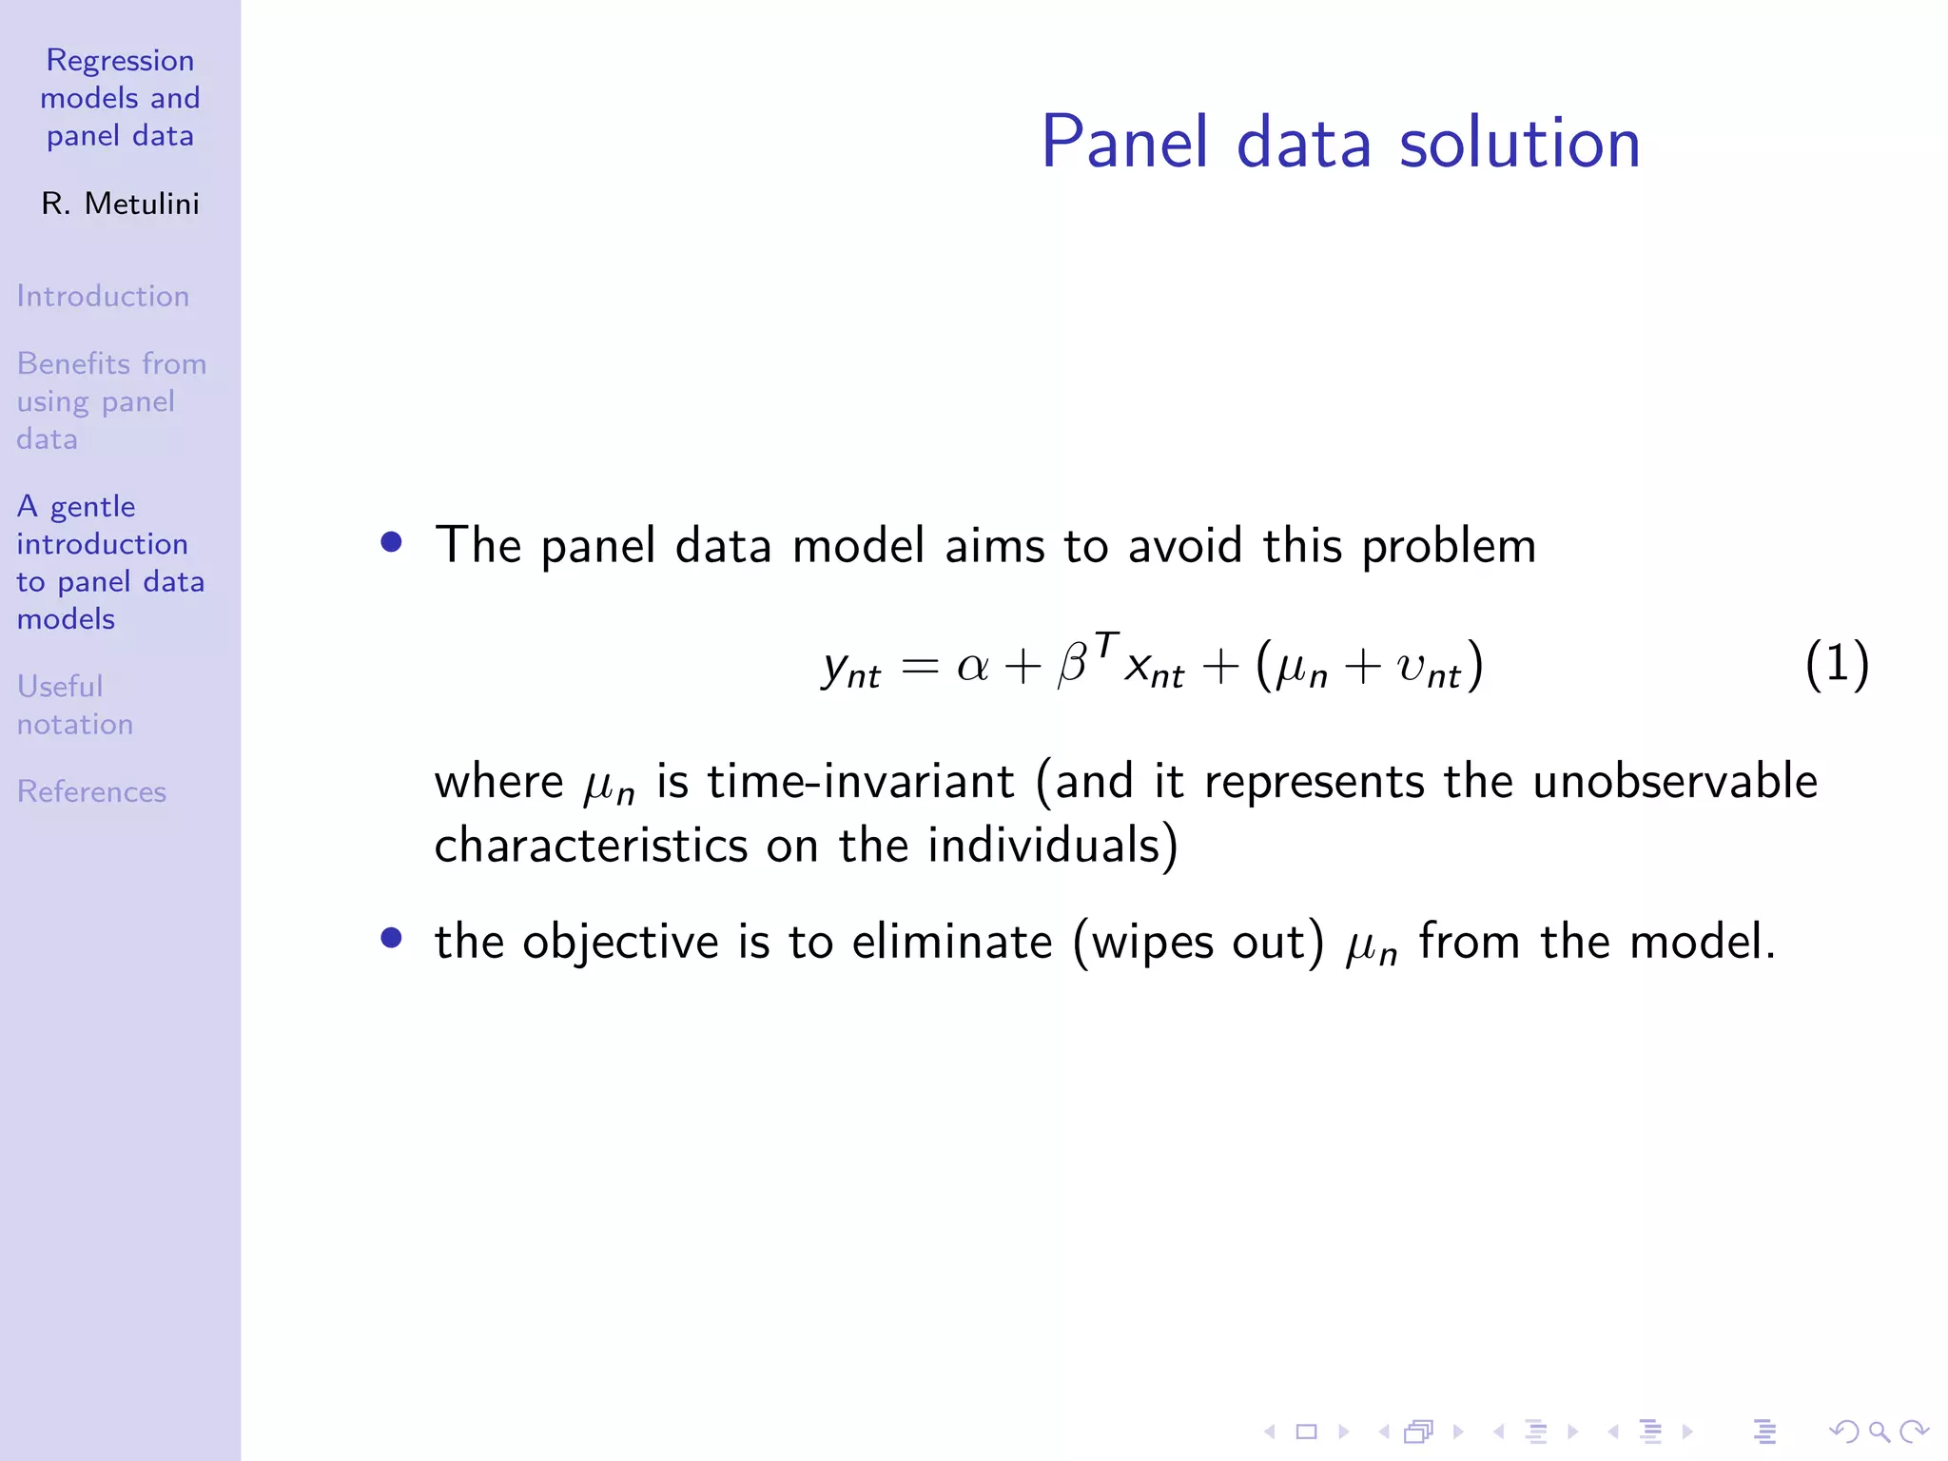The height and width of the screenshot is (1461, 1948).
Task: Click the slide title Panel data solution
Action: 1340,143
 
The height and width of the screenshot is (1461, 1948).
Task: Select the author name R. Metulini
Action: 121,204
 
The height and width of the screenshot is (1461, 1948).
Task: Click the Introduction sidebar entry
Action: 103,296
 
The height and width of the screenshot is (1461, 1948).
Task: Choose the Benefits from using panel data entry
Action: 110,400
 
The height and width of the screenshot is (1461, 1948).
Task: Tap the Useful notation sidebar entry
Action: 74,705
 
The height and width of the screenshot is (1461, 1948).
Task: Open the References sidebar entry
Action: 91,791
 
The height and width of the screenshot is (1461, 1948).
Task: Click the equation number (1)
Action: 1837,665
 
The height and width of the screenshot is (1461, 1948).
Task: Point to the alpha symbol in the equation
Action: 972,666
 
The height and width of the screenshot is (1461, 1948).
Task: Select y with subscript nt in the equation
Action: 850,669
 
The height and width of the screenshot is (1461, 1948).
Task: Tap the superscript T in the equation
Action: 1106,645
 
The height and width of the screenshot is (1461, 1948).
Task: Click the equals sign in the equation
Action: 920,666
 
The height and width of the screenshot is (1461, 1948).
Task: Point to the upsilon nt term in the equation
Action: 1427,668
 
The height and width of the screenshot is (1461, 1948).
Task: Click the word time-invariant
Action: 861,782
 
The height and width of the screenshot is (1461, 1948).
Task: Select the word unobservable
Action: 1675,782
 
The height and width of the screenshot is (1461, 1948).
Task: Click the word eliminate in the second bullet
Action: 952,943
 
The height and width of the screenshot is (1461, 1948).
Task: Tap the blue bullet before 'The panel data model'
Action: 391,542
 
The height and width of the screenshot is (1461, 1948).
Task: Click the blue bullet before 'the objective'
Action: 391,939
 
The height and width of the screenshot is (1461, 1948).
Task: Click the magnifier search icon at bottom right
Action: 1879,1432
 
